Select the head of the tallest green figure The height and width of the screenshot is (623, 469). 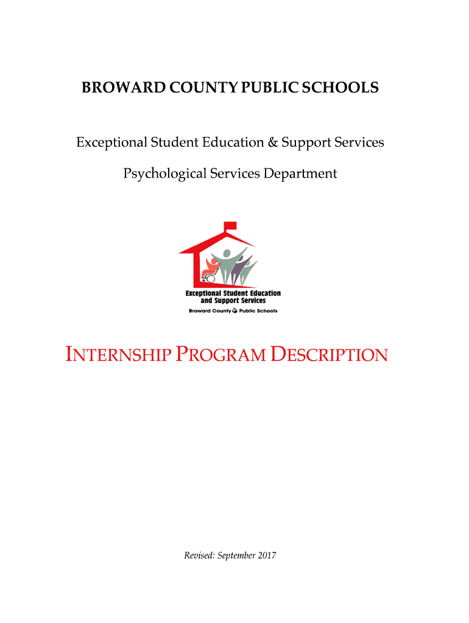coord(227,254)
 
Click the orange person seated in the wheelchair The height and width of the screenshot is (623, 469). coord(212,265)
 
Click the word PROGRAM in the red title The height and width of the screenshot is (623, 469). coord(220,355)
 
